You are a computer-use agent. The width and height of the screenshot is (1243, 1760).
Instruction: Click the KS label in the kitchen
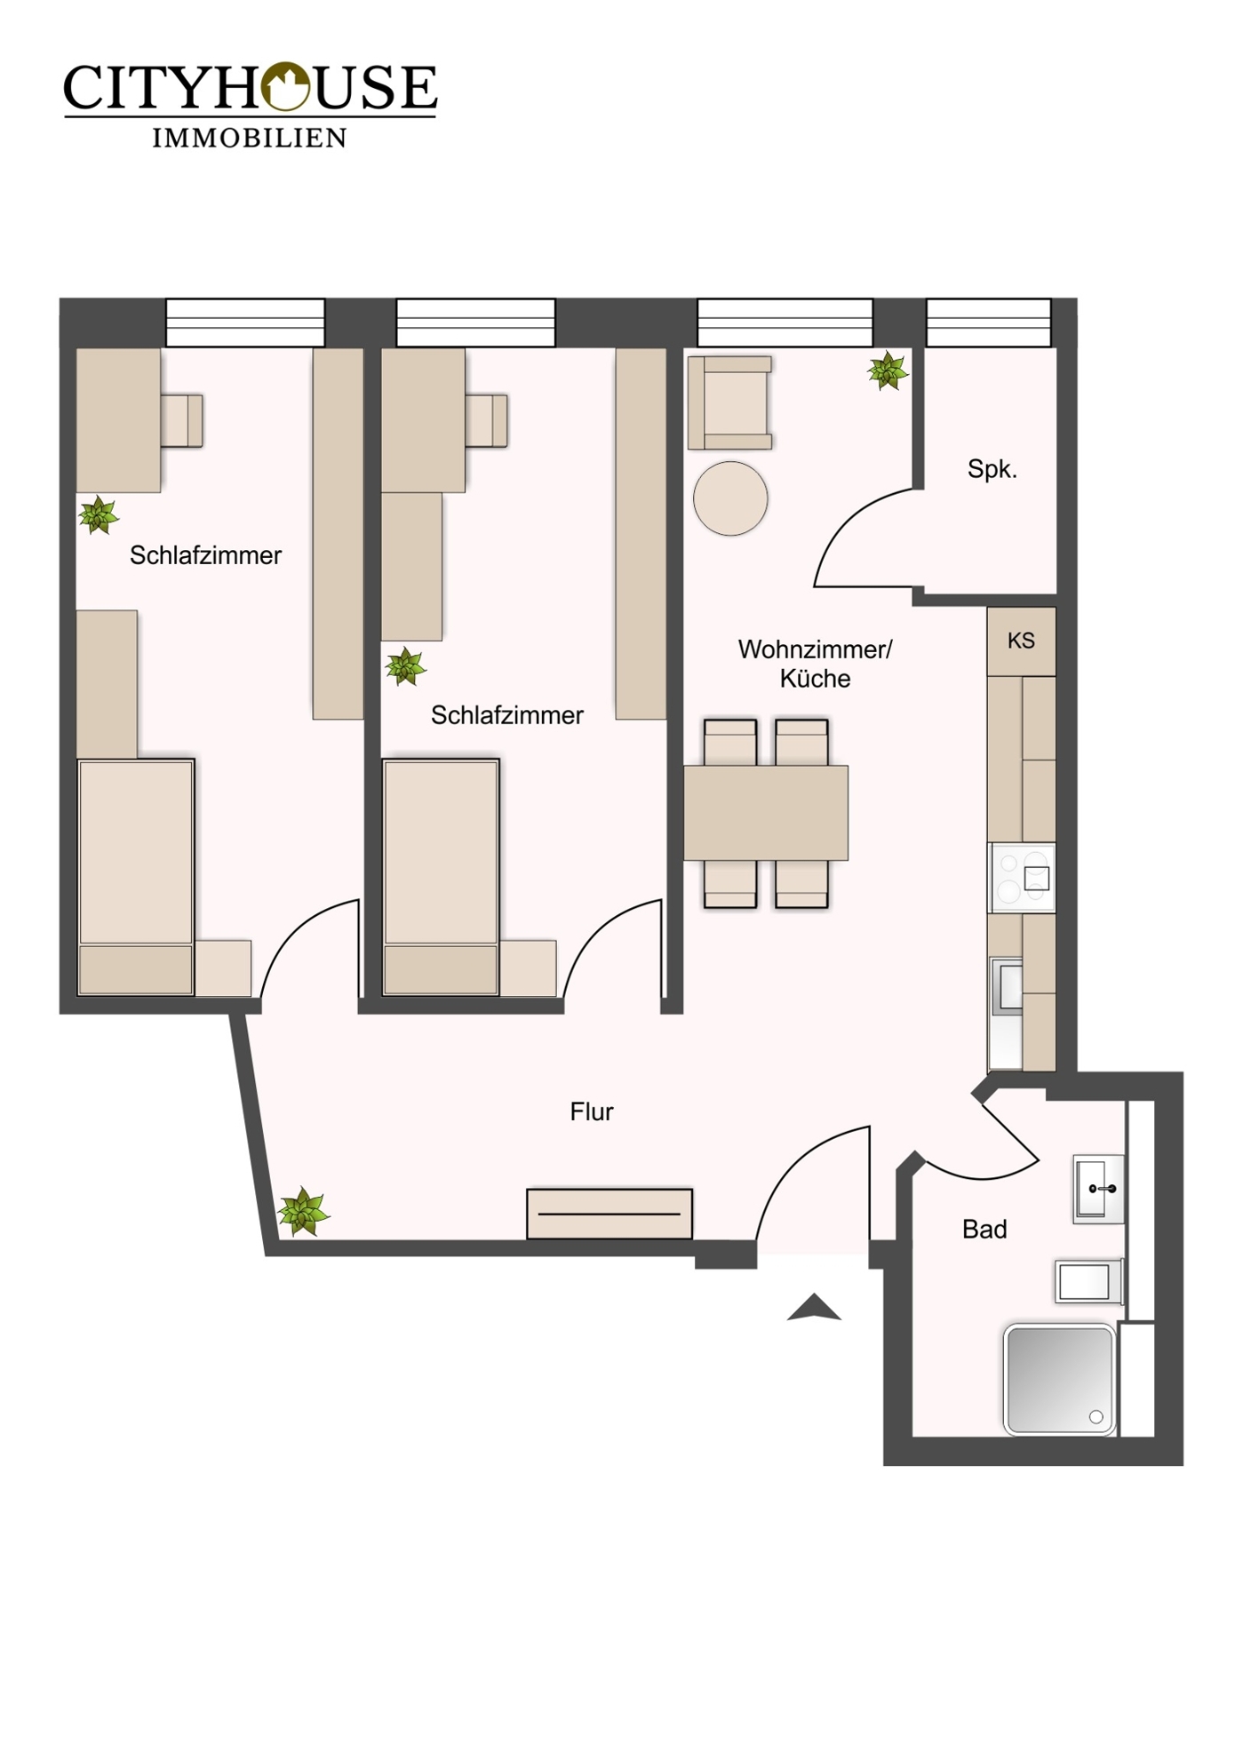click(1021, 641)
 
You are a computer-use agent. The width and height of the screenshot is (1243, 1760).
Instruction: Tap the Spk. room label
click(992, 469)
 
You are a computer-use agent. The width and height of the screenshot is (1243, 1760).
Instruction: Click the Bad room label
click(984, 1230)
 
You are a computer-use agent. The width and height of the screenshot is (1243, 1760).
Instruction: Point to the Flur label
click(592, 1111)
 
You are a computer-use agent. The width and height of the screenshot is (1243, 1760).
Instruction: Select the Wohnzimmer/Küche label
click(815, 664)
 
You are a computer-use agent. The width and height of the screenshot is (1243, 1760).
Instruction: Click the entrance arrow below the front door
click(814, 1308)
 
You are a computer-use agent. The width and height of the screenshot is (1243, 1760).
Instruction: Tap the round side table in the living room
click(730, 498)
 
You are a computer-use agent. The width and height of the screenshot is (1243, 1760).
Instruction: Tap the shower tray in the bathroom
click(1059, 1380)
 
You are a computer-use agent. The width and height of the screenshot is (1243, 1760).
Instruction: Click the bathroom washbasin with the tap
click(1098, 1189)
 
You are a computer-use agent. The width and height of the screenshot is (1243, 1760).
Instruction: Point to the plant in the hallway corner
click(303, 1211)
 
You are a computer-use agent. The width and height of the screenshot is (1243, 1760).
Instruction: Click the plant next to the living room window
click(888, 370)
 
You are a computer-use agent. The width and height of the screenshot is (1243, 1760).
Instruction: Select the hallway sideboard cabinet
click(610, 1214)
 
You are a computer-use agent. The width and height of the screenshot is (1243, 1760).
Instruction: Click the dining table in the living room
click(766, 813)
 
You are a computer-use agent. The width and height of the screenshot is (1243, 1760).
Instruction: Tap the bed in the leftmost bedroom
click(136, 875)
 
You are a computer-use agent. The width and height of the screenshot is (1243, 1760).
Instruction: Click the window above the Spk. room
click(988, 323)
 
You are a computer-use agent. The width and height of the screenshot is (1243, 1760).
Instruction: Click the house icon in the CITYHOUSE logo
click(283, 86)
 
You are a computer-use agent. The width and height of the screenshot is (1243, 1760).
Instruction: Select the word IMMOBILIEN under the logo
click(250, 138)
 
